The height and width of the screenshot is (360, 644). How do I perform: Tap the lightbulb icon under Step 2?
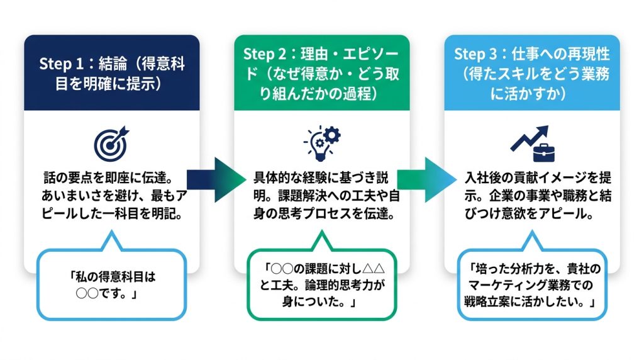(x=319, y=147)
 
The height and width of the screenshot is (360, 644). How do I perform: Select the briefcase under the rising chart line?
(x=543, y=152)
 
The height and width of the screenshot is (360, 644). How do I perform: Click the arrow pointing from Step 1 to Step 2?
(x=216, y=179)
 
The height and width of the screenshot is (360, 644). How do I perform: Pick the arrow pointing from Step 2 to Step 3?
(x=426, y=179)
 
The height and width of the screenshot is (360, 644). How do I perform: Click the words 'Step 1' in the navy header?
(x=61, y=64)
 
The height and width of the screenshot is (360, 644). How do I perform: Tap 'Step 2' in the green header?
(x=265, y=54)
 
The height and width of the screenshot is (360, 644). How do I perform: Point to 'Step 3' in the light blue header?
(x=475, y=54)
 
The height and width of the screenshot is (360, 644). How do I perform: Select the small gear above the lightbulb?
(x=332, y=135)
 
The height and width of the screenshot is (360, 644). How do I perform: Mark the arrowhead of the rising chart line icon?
(x=541, y=132)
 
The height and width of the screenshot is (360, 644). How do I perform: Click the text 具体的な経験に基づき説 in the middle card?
(x=321, y=177)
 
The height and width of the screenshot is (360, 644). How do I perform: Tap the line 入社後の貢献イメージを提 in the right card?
(x=538, y=177)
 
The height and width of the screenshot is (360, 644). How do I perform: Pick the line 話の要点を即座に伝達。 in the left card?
(x=108, y=177)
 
